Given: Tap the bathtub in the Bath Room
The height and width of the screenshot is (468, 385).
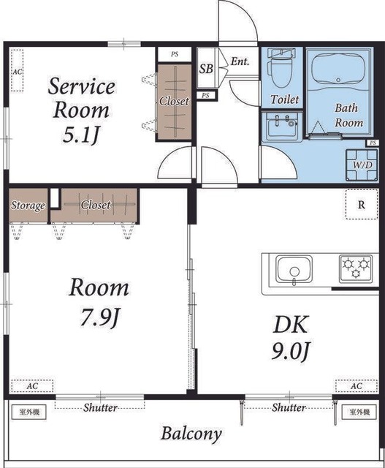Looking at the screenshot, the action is [x=338, y=70].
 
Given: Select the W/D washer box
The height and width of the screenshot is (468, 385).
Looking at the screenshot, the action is [x=362, y=165].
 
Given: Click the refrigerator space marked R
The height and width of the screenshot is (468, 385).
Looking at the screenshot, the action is [x=362, y=205].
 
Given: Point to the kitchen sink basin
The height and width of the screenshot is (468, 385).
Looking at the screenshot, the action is [x=294, y=269].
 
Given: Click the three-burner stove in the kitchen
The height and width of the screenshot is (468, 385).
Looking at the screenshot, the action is [x=356, y=268].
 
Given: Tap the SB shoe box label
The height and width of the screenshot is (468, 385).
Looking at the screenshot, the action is [x=206, y=69].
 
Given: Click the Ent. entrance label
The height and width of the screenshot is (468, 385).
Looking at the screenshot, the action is [x=240, y=61].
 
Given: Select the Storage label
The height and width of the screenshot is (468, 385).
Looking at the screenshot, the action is [x=28, y=205].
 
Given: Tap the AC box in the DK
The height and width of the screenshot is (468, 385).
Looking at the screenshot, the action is [x=357, y=386].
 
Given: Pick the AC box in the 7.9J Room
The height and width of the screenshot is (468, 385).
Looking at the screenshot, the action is [x=32, y=386].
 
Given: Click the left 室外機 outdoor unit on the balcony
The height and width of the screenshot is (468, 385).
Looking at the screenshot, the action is [x=29, y=412].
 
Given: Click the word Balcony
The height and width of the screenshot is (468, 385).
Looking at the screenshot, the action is [x=191, y=434].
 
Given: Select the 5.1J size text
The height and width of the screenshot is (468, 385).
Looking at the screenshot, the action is [x=81, y=135].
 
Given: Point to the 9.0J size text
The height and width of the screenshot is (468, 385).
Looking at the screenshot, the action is [x=291, y=350].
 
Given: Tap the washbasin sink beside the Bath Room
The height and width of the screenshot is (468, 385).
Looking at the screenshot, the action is [x=282, y=127].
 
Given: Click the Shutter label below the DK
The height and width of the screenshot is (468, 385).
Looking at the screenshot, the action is [x=289, y=407].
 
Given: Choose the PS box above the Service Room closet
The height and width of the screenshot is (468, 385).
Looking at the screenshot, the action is [x=175, y=54].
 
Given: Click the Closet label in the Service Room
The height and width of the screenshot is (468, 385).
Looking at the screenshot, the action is [x=174, y=101].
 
